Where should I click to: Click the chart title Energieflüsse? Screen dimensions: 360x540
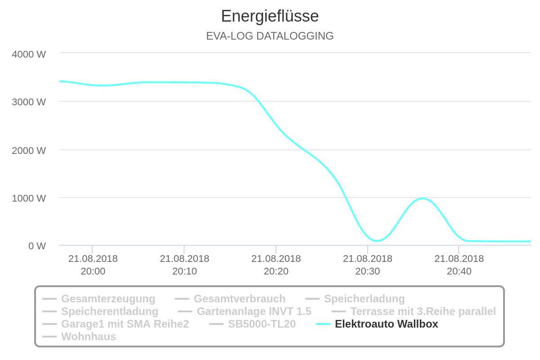270,16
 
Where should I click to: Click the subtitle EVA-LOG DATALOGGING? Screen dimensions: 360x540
270,36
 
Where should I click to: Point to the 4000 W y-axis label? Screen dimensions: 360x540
29,54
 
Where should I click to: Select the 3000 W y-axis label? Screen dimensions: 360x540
29,102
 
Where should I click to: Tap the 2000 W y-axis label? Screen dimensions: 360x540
29,150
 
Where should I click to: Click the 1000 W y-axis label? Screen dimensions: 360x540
29,198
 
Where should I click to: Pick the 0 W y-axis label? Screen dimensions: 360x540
37,246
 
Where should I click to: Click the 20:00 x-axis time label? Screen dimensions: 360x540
93,265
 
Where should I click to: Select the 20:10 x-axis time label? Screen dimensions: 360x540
184,265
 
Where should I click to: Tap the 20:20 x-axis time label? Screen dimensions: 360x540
276,265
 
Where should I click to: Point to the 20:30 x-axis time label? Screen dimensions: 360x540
368,265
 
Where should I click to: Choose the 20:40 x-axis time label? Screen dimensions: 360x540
459,265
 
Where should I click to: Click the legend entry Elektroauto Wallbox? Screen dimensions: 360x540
386,324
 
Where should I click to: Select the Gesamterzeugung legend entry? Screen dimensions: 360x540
108,299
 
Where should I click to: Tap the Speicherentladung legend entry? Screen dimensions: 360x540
109,311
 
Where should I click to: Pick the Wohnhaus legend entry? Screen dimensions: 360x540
88,337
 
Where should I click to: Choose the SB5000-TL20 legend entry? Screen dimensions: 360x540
261,324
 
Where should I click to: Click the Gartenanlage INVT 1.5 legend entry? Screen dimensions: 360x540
254,311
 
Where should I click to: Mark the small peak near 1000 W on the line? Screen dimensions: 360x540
423,198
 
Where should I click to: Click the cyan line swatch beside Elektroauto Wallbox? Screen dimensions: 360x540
323,324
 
